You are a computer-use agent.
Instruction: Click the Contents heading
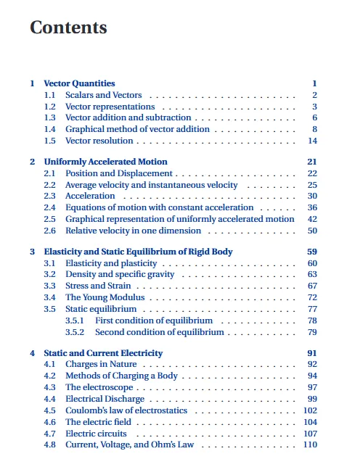click(x=68, y=28)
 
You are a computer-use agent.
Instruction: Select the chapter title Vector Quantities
click(x=79, y=83)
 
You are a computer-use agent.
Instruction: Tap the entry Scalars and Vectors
click(x=104, y=95)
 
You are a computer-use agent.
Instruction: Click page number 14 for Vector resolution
click(x=313, y=141)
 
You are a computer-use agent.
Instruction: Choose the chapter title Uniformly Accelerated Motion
click(x=105, y=162)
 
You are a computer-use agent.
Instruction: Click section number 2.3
click(x=49, y=196)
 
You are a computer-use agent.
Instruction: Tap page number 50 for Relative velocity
click(x=313, y=231)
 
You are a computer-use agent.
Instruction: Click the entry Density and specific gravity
click(x=120, y=274)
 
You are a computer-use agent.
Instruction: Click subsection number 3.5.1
click(x=75, y=321)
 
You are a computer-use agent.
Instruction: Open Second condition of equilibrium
click(x=159, y=332)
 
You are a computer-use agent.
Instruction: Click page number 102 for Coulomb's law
click(x=311, y=410)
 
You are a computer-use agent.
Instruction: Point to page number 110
click(x=311, y=444)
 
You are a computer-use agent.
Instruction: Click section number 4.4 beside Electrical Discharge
click(x=49, y=399)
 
